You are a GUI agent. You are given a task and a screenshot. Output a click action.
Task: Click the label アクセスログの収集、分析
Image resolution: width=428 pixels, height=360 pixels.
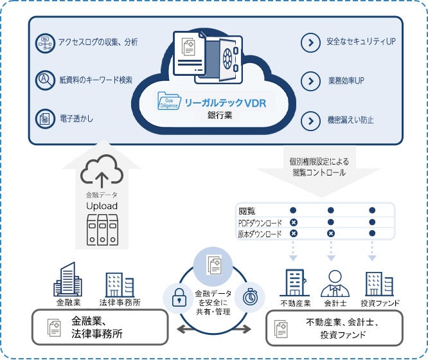98,42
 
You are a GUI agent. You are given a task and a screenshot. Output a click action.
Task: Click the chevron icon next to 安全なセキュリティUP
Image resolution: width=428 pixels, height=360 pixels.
310,42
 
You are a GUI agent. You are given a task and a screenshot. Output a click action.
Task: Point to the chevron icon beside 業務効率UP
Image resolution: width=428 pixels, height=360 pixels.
310,82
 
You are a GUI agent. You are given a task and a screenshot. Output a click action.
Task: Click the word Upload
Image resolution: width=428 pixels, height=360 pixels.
102,205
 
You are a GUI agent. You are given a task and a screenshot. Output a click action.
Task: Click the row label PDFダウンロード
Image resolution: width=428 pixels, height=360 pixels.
260,222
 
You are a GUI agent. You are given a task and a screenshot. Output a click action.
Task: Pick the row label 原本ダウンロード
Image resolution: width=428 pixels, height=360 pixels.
260,234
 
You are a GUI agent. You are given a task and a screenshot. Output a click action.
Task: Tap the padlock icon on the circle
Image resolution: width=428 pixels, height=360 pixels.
177,297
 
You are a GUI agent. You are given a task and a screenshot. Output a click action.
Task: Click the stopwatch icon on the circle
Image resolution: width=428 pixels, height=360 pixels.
249,297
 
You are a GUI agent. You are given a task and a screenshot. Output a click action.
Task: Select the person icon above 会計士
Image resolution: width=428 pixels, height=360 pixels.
334,282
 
